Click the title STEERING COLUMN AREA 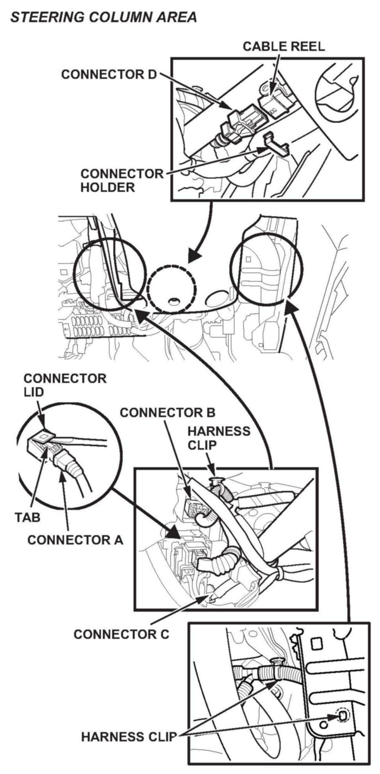point(104,17)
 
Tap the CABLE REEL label point(284,47)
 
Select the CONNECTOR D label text point(109,75)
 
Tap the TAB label point(28,517)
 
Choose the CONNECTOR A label point(75,540)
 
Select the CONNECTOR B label point(168,412)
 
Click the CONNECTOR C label point(121,634)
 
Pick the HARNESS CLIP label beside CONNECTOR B point(219,438)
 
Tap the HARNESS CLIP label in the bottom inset point(129,737)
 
